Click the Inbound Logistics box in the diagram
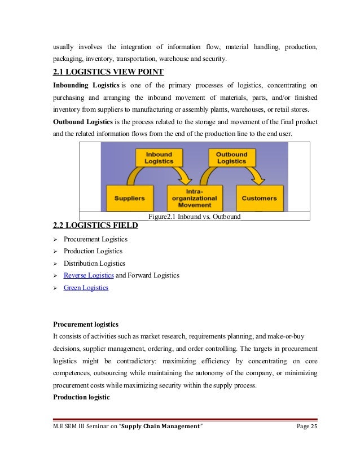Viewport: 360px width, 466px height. click(x=159, y=157)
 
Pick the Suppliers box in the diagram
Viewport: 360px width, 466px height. click(x=129, y=198)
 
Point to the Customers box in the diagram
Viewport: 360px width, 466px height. click(x=259, y=198)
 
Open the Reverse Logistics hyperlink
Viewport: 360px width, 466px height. click(x=89, y=275)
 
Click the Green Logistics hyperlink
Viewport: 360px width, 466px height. click(x=86, y=288)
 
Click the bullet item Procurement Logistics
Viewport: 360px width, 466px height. click(x=95, y=239)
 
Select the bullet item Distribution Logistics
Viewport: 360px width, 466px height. click(x=94, y=263)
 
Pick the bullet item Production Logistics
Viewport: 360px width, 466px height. click(x=93, y=251)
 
